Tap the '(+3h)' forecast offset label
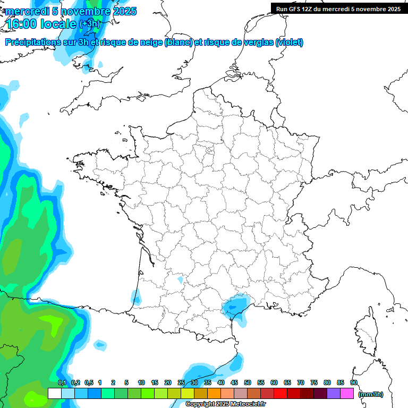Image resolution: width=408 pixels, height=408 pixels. (x=89, y=24)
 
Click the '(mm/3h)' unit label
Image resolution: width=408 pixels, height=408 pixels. (x=370, y=394)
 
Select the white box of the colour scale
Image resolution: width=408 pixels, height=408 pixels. (x=54, y=394)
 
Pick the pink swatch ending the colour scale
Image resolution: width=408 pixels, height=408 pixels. (x=347, y=394)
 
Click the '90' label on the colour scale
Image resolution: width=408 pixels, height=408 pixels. (x=354, y=382)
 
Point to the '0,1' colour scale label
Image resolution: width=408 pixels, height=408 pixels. (x=62, y=382)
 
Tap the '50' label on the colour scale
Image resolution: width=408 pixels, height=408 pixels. (x=248, y=382)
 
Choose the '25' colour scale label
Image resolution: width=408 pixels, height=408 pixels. (x=181, y=382)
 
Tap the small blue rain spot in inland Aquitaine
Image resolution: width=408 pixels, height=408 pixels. (x=180, y=279)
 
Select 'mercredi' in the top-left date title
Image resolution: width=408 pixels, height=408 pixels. (x=25, y=11)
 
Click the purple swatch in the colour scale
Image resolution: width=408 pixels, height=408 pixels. (x=334, y=394)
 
